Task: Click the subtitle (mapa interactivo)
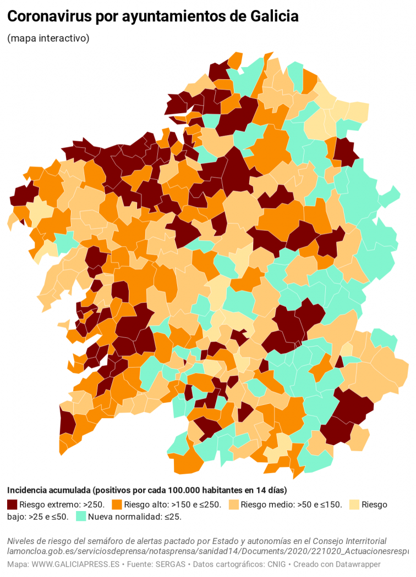[48, 38]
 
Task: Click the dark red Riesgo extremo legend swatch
[12, 504]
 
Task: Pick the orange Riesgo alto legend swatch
[117, 504]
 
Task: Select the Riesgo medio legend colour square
[233, 504]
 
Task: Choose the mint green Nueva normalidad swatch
[81, 517]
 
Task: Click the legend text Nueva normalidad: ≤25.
[134, 517]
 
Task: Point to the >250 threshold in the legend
[92, 504]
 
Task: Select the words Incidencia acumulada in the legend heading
[48, 490]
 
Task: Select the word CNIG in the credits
[272, 564]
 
